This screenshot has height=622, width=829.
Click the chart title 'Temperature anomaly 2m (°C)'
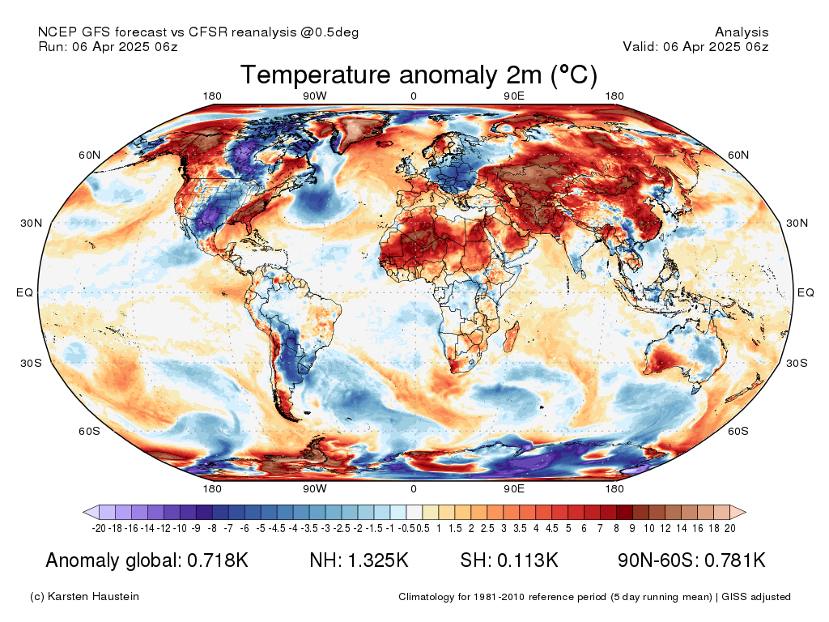(419, 75)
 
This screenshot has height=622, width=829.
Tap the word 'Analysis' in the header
(742, 32)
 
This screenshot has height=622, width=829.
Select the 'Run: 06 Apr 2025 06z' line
(108, 46)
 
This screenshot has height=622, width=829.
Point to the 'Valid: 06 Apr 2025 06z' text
(695, 46)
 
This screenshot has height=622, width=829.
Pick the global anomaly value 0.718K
(218, 560)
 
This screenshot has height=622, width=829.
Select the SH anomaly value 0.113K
(528, 560)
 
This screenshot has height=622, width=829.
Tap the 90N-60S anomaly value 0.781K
(735, 560)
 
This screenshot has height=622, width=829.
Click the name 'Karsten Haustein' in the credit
(93, 596)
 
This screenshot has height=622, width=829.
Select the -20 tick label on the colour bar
(99, 528)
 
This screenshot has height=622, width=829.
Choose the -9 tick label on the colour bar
(196, 528)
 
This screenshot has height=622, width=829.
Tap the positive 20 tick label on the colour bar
(730, 528)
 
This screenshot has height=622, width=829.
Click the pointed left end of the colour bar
(84, 512)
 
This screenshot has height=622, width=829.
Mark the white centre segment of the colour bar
(414, 512)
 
